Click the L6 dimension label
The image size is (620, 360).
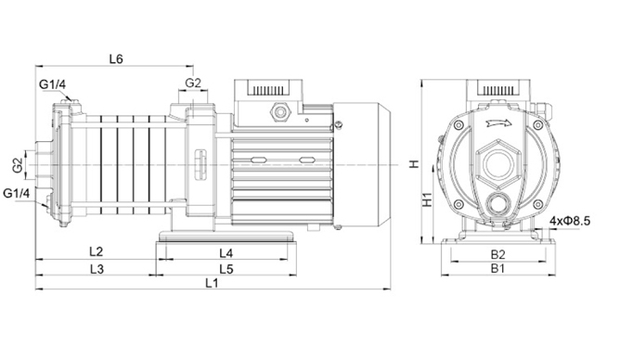[116, 58]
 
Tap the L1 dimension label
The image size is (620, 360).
[212, 283]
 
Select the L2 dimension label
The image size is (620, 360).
[97, 251]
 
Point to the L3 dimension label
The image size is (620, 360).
[97, 269]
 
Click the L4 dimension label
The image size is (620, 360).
[226, 253]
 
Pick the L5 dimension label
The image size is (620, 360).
[226, 269]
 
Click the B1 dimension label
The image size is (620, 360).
[497, 268]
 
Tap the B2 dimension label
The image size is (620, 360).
[497, 254]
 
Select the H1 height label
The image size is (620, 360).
[427, 199]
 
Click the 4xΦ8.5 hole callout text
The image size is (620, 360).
[569, 221]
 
